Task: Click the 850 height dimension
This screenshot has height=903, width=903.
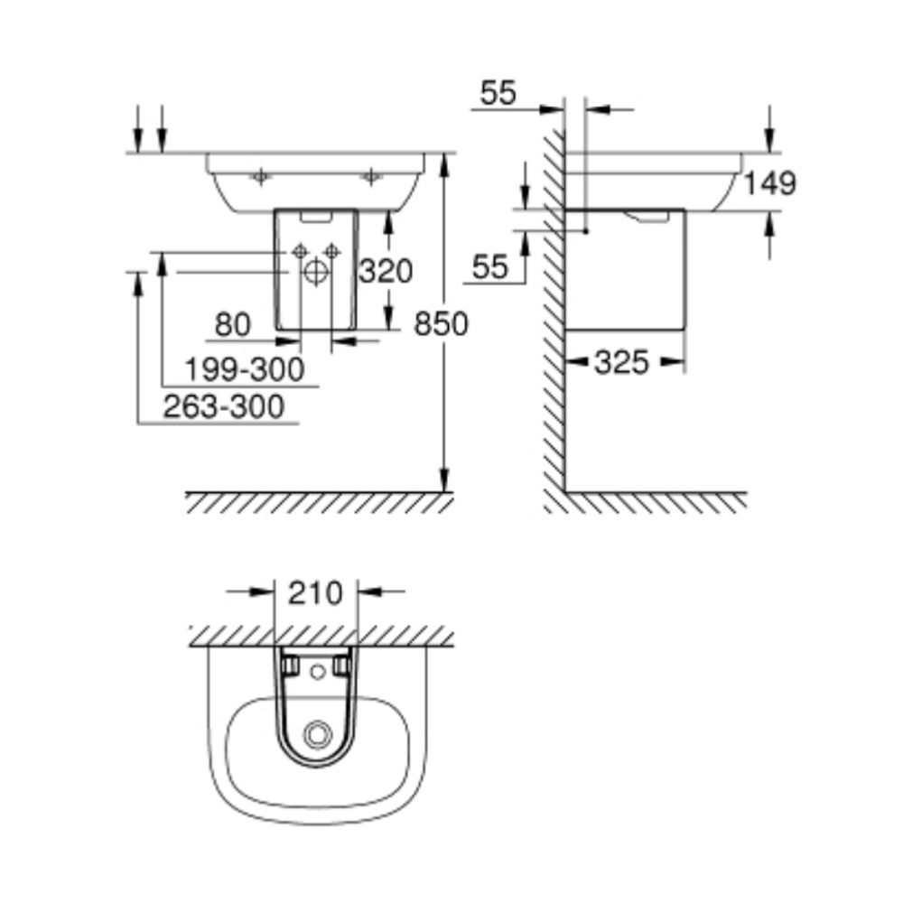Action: (441, 323)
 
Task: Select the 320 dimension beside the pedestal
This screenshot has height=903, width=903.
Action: (386, 270)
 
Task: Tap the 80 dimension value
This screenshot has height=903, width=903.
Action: (232, 325)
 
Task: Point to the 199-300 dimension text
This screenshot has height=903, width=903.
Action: (243, 368)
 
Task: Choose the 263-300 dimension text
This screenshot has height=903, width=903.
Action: (223, 406)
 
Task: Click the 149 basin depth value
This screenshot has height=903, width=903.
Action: (770, 183)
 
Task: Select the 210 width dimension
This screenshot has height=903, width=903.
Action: (315, 593)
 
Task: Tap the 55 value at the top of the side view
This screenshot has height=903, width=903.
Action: (498, 93)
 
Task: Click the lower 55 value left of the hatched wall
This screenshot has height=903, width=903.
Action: (490, 266)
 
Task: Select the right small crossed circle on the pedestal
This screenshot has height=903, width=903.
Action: (331, 250)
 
